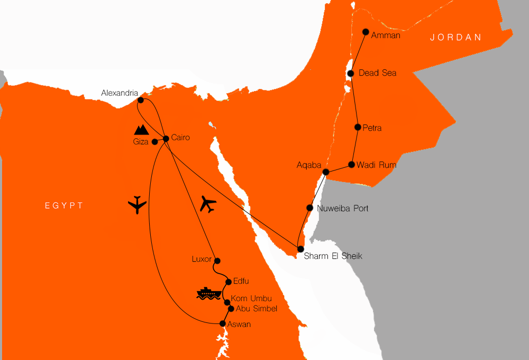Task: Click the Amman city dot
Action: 365,32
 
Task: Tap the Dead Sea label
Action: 377,73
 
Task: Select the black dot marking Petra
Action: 358,127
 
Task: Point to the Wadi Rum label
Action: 376,166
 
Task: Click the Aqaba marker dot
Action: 326,172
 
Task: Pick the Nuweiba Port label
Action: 342,209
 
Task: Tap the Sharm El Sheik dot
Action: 300,249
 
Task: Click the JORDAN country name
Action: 455,38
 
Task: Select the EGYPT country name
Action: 64,205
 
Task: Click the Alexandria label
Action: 120,94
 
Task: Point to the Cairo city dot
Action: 166,139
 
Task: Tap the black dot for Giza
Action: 154,142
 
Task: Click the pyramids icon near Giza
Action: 141,130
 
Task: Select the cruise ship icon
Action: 208,293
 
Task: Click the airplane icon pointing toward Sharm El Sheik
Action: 208,204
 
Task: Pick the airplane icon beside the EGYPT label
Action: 138,204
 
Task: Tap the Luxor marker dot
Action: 216,260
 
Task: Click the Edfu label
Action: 241,281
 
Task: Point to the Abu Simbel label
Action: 256,309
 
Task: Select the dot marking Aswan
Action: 223,323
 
